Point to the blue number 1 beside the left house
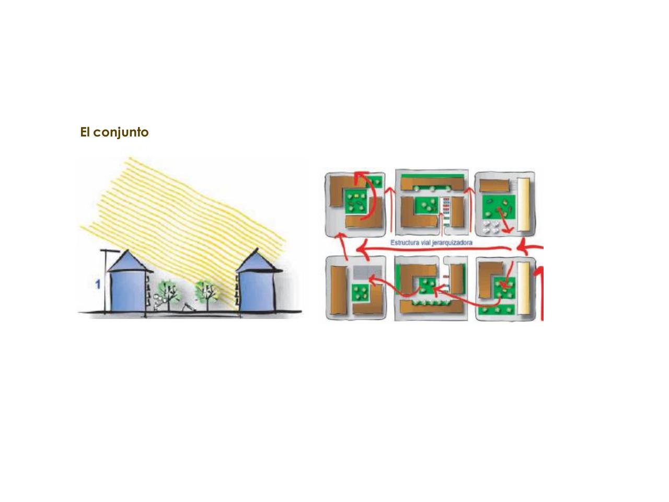(98, 284)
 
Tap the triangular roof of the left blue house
(127, 261)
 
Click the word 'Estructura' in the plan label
(405, 243)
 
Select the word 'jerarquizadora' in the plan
(454, 243)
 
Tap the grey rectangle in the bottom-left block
(367, 272)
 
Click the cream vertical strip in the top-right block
(524, 204)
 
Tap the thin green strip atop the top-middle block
(432, 176)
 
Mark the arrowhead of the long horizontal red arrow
(362, 249)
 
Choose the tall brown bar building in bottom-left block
(338, 290)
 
